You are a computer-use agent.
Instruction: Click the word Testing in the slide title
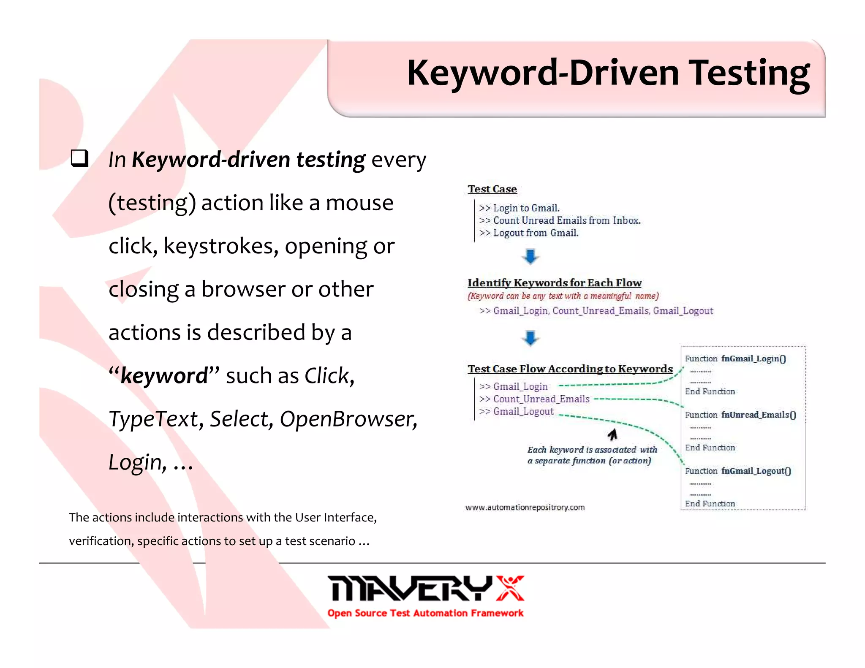pos(749,73)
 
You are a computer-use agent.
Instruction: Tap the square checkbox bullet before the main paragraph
pos(79,158)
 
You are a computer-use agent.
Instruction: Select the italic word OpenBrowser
pos(348,419)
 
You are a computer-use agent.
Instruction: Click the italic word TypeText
pos(153,419)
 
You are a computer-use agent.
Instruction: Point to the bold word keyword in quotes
pos(164,375)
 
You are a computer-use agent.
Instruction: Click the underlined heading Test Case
pos(492,189)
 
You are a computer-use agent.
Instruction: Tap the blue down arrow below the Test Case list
pos(530,256)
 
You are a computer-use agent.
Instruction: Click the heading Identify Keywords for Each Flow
pos(554,282)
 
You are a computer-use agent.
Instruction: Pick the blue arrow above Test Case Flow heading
pos(530,338)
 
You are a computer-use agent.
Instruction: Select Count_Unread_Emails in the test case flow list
pos(541,399)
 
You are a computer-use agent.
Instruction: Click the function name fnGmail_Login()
pos(753,358)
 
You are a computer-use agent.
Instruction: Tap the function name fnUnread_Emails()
pos(758,415)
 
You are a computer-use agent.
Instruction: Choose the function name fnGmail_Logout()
pos(756,471)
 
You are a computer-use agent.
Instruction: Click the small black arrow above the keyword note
pos(612,434)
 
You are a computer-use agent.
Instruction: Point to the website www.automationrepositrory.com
pos(525,507)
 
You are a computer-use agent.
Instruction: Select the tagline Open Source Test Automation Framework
pos(425,613)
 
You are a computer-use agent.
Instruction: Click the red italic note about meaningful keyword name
pos(563,296)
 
